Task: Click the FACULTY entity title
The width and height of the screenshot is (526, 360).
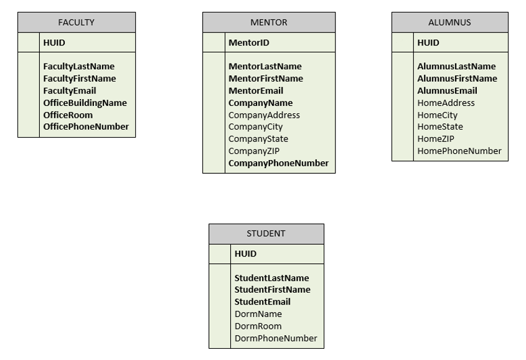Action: pyautogui.click(x=76, y=22)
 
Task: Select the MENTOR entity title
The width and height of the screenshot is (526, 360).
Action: pyautogui.click(x=268, y=22)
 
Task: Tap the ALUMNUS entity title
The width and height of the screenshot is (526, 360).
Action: pyautogui.click(x=449, y=22)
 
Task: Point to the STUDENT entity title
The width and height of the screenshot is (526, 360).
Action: pyautogui.click(x=266, y=234)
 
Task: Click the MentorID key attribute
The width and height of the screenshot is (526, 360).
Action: pyautogui.click(x=248, y=43)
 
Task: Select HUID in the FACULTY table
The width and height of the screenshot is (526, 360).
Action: pyautogui.click(x=54, y=43)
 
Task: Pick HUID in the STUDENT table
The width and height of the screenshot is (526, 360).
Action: pyautogui.click(x=245, y=254)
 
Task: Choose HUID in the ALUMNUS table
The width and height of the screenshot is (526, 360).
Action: pyautogui.click(x=428, y=43)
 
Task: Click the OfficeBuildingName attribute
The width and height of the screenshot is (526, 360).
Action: pyautogui.click(x=85, y=103)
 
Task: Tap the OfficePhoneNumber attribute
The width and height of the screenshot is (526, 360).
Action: pyautogui.click(x=86, y=127)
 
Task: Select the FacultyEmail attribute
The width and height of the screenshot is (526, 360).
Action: pyautogui.click(x=70, y=91)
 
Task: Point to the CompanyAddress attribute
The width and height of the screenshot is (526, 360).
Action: pyautogui.click(x=264, y=115)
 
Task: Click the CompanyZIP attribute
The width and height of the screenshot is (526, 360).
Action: pyautogui.click(x=253, y=151)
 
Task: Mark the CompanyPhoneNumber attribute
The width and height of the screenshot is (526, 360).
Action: pyautogui.click(x=278, y=163)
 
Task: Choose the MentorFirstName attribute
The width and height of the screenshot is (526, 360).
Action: pyautogui.click(x=266, y=78)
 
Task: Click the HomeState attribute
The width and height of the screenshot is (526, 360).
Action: pyautogui.click(x=440, y=127)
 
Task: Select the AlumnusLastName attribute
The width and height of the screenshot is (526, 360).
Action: pyautogui.click(x=456, y=67)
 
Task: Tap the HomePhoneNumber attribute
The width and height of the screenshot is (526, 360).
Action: pyautogui.click(x=459, y=151)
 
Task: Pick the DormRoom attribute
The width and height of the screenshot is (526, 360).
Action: pyautogui.click(x=258, y=326)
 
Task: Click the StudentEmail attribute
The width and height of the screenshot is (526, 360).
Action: pyautogui.click(x=263, y=302)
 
